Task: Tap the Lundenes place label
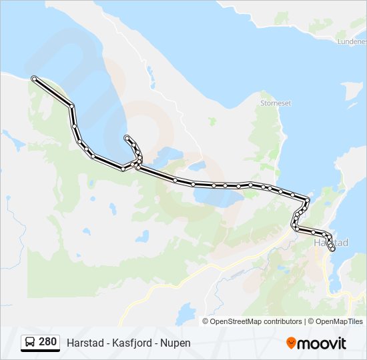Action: click(352, 41)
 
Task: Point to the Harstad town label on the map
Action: click(332, 243)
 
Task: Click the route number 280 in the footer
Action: click(47, 342)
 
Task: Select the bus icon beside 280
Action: click(30, 343)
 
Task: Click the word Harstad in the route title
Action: click(85, 343)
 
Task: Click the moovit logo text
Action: click(322, 343)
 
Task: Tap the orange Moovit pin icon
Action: click(291, 343)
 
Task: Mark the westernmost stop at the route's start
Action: click(34, 79)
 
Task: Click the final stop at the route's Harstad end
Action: click(332, 249)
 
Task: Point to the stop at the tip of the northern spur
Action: click(125, 138)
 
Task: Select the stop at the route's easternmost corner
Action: click(307, 199)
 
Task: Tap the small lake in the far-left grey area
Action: click(12, 139)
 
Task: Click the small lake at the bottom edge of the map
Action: click(187, 311)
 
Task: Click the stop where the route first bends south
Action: click(71, 106)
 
